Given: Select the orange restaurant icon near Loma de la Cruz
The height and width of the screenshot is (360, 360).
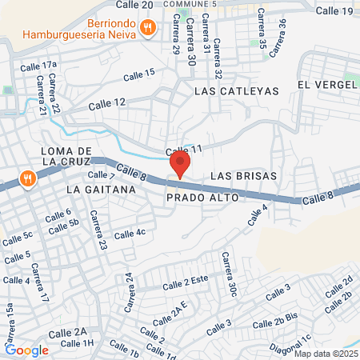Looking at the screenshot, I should tap(27, 178).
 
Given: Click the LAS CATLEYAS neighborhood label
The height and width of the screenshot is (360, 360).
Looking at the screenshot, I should tap(236, 91).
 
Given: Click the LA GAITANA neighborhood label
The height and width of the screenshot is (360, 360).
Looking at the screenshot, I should tap(97, 190).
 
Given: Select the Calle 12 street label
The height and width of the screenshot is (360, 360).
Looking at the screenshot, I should tap(107, 103).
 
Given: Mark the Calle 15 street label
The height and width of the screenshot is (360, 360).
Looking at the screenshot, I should tap(139, 74).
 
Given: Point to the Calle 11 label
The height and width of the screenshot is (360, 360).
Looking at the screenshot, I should tap(184, 150).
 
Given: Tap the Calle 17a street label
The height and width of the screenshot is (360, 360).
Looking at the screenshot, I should tap(40, 65).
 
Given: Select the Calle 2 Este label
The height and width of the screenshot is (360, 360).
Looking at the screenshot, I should tap(185, 284).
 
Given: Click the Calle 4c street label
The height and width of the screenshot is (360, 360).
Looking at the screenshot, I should tap(130, 234).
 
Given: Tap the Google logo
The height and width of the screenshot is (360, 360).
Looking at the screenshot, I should tap(26, 350).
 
